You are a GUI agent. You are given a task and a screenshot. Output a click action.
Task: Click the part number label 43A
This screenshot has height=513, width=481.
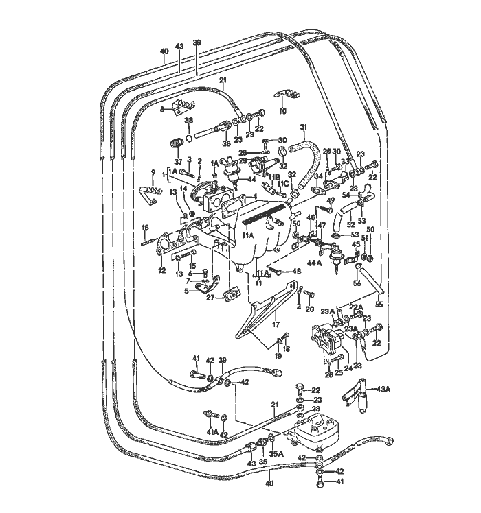pyautogui.click(x=382, y=390)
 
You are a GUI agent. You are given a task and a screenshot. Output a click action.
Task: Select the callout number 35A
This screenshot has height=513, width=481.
pyautogui.click(x=276, y=453)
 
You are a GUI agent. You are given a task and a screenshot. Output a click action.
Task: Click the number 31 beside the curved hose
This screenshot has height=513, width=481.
pyautogui.click(x=303, y=127)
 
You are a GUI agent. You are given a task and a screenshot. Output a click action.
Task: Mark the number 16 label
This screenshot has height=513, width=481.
pyautogui.click(x=145, y=228)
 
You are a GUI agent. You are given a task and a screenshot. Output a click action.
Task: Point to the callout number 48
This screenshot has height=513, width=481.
pyautogui.click(x=297, y=272)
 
